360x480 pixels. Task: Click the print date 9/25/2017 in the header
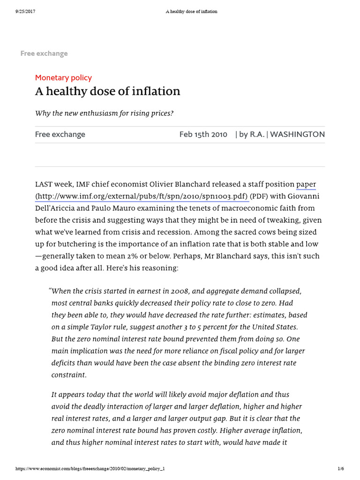point(20,11)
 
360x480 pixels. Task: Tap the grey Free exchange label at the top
point(44,53)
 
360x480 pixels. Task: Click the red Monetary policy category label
point(63,78)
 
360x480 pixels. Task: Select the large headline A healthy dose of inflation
point(107,91)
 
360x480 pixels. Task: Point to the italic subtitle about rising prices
point(108,113)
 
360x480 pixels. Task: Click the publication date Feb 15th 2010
point(203,135)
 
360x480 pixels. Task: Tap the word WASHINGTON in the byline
point(297,135)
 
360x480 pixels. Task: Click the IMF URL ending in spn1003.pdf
point(141,196)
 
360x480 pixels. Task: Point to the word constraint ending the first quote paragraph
point(68,375)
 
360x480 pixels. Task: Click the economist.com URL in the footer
point(84,469)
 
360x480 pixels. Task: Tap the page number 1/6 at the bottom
point(341,469)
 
